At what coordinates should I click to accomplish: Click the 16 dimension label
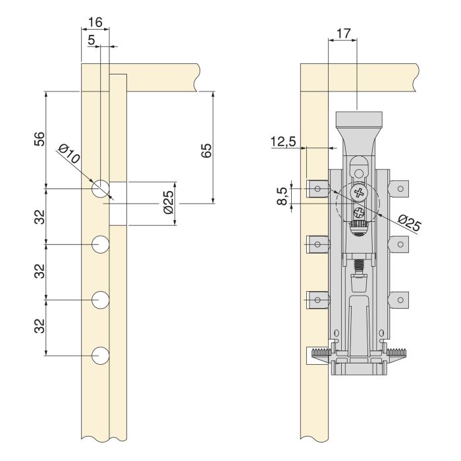tap(95, 22)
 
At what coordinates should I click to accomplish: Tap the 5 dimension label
tap(91, 40)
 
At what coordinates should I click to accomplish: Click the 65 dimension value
tap(205, 149)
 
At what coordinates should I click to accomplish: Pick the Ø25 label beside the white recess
tap(167, 203)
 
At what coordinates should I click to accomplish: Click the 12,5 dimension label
tap(282, 142)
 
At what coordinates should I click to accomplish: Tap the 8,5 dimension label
tap(283, 196)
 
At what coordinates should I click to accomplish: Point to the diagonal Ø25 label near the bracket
tap(409, 224)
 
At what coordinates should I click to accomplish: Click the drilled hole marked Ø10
tap(100, 188)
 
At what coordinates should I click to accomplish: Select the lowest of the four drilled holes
tap(100, 356)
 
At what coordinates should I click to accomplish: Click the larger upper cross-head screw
tap(358, 193)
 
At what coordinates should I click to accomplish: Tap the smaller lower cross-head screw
tap(358, 212)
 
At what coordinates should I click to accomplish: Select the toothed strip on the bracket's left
tap(324, 354)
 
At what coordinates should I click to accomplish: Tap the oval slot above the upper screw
tap(358, 165)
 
